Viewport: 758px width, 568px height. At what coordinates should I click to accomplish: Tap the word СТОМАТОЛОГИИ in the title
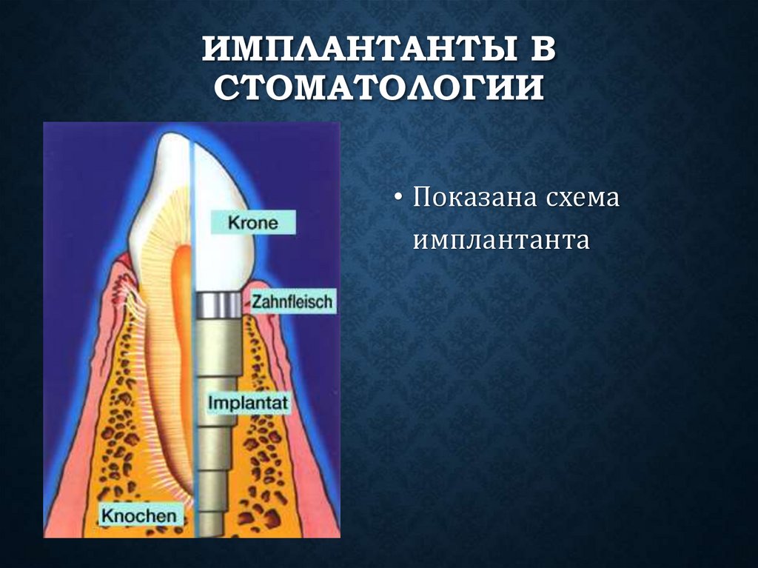click(378, 87)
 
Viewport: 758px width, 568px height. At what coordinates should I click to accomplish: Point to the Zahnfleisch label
click(292, 301)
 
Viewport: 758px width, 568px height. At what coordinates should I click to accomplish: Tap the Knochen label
click(138, 515)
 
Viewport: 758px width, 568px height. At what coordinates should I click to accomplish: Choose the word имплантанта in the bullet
click(500, 240)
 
